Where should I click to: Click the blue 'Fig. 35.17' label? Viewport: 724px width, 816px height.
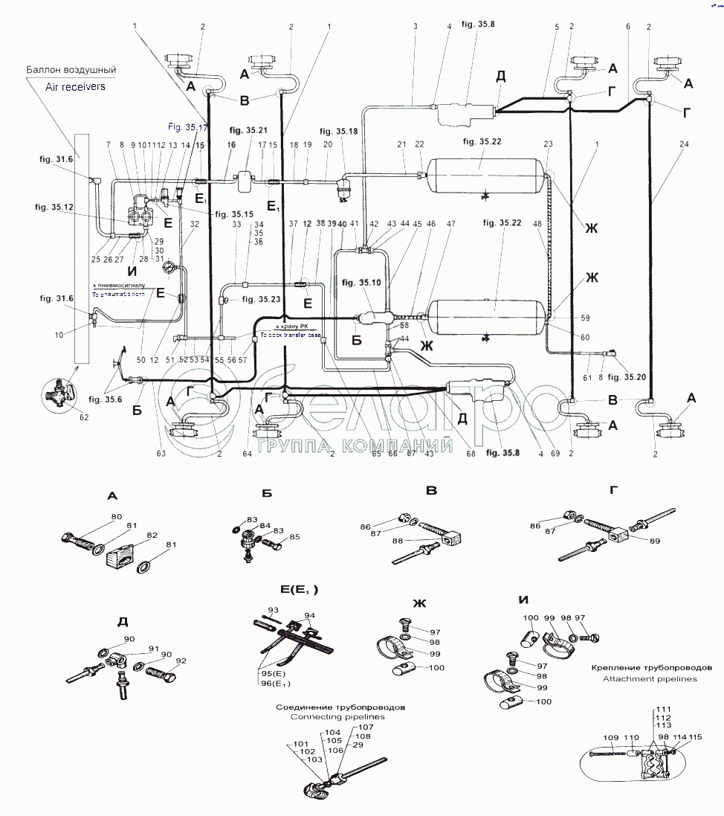click(x=188, y=126)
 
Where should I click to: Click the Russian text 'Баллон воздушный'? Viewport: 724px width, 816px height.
click(x=71, y=70)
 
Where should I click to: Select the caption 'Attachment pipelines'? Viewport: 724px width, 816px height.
click(x=649, y=679)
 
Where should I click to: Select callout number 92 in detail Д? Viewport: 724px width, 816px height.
click(x=181, y=660)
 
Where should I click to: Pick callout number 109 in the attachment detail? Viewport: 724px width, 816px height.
click(x=610, y=738)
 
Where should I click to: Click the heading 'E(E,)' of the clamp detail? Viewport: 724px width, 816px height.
click(x=299, y=589)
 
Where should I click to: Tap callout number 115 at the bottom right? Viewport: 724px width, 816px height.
click(x=695, y=737)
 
